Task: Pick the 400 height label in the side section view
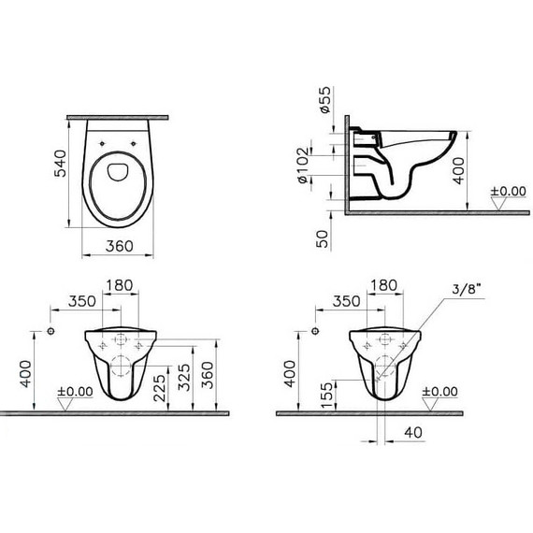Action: point(459,172)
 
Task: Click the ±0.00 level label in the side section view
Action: point(511,191)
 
